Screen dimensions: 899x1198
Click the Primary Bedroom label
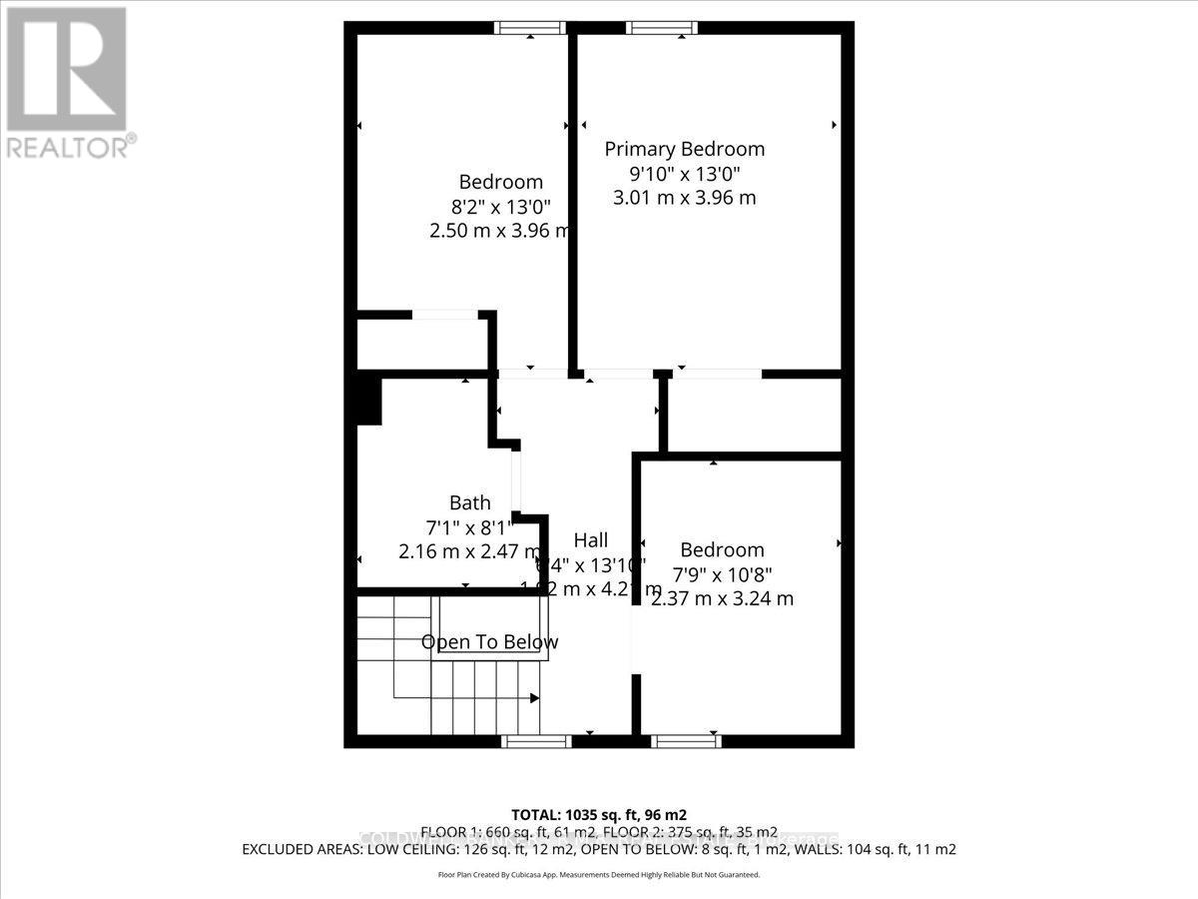[x=685, y=149]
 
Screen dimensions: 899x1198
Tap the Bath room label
[x=469, y=502]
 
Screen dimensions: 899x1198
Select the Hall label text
[x=590, y=540]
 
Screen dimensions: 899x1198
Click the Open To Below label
[x=489, y=642]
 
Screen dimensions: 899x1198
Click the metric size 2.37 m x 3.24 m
[x=722, y=598]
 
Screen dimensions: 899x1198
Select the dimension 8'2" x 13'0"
[x=500, y=207]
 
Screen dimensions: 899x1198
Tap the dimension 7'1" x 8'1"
[x=468, y=526]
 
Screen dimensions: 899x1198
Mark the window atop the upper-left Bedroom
[x=531, y=28]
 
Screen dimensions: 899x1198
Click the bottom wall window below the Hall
[x=536, y=741]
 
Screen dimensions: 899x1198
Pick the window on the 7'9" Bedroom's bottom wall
[x=686, y=741]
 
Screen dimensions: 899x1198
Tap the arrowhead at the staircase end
[x=534, y=698]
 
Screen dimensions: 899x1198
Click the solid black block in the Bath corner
[x=368, y=400]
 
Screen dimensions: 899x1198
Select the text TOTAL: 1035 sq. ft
[x=598, y=814]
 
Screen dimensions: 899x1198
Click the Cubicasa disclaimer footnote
[x=599, y=874]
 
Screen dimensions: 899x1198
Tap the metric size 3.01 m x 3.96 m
[x=684, y=197]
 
